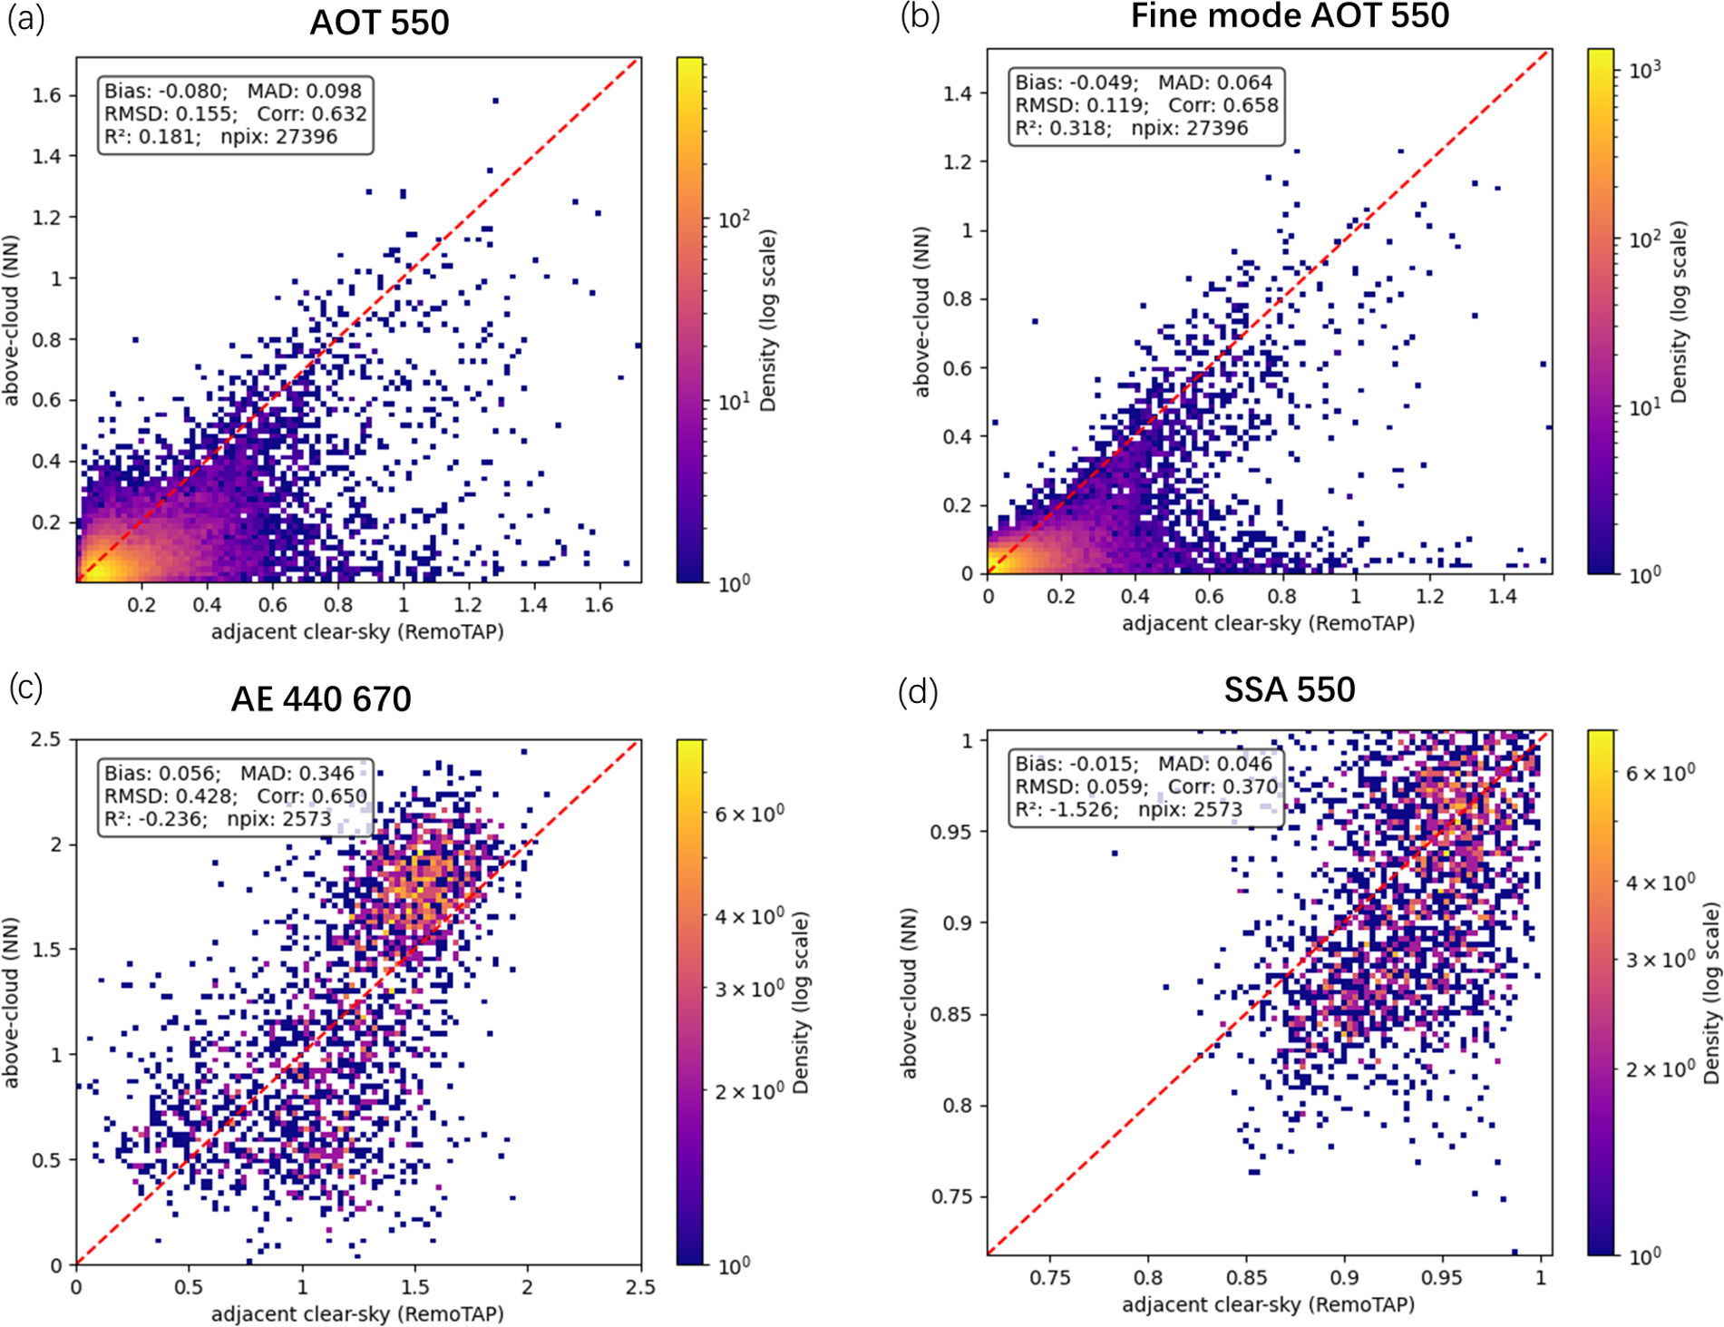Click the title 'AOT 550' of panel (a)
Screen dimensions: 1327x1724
click(379, 23)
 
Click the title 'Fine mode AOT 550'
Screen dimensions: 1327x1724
click(1289, 15)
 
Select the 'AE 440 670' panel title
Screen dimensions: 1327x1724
click(321, 699)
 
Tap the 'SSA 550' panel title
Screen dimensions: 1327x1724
click(1289, 690)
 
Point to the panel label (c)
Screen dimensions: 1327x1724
click(25, 688)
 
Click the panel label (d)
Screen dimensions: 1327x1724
click(917, 692)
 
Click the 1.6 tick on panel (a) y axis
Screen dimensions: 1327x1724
click(47, 95)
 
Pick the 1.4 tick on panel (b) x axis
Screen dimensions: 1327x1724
click(1502, 596)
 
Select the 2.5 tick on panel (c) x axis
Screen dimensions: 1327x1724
click(640, 1287)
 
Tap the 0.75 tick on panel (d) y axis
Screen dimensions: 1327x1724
click(952, 1196)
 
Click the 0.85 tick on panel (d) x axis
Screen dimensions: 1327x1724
click(1246, 1278)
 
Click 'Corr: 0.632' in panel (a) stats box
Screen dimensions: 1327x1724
click(311, 114)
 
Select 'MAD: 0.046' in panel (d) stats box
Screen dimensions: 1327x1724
click(1215, 765)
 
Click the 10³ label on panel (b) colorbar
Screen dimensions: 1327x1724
click(1644, 70)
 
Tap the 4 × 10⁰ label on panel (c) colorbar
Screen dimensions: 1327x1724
click(748, 916)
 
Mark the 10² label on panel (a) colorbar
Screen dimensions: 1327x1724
click(734, 220)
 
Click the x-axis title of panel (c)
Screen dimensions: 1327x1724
click(357, 1313)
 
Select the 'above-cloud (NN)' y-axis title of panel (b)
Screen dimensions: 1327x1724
click(921, 311)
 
